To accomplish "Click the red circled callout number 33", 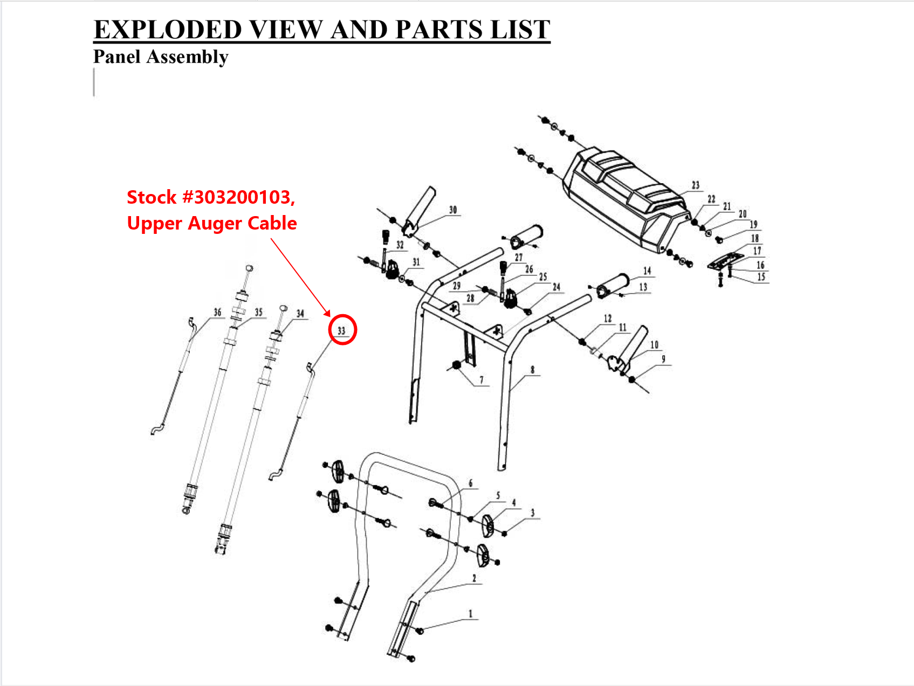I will (342, 330).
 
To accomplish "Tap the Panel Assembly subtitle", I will (161, 57).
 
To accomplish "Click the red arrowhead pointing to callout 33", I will (327, 313).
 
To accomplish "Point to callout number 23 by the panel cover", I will (696, 185).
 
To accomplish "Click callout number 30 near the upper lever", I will (453, 210).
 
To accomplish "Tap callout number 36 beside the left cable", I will (217, 312).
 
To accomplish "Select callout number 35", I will (259, 312).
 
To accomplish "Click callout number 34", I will (300, 314).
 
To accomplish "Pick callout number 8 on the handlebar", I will (532, 370).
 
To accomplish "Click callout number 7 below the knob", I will (482, 380).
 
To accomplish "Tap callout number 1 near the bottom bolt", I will (470, 614).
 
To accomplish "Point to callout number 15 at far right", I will (761, 277).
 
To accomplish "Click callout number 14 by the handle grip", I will (647, 271).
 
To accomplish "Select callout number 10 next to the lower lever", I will (654, 345).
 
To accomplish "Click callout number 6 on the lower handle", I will (470, 483).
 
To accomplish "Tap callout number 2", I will (474, 578).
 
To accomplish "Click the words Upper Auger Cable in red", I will (212, 223).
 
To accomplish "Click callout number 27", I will (518, 258).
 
